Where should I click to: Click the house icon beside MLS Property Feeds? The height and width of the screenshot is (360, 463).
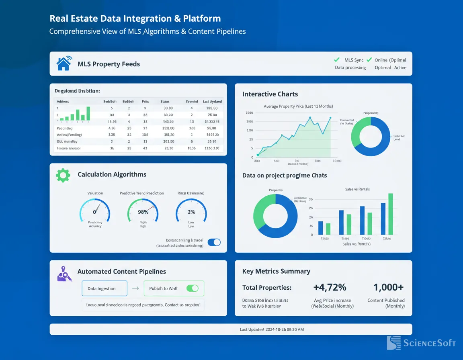pyautogui.click(x=64, y=63)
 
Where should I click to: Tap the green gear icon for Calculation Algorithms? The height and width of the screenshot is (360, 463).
pyautogui.click(x=63, y=175)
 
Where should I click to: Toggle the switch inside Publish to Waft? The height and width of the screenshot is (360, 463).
pyautogui.click(x=193, y=288)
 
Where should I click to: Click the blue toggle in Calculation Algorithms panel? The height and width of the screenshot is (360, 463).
pyautogui.click(x=214, y=242)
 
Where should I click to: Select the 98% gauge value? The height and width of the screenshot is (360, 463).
pyautogui.click(x=143, y=212)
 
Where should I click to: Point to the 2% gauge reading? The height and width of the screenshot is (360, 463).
pyautogui.click(x=191, y=212)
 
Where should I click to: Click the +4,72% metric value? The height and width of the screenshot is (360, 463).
pyautogui.click(x=330, y=287)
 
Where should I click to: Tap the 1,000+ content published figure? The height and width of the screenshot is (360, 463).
pyautogui.click(x=388, y=287)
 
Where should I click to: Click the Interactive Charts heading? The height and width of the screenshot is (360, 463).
pyautogui.click(x=270, y=94)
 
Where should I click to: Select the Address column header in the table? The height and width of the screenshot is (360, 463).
pyautogui.click(x=63, y=102)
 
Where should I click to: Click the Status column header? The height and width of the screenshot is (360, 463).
pyautogui.click(x=165, y=102)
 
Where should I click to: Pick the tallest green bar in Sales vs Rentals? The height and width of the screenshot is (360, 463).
pyautogui.click(x=390, y=214)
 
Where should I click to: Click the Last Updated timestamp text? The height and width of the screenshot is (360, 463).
pyautogui.click(x=272, y=329)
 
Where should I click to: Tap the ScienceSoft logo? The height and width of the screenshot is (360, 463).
pyautogui.click(x=421, y=343)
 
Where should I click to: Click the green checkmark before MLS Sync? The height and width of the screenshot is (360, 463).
pyautogui.click(x=337, y=60)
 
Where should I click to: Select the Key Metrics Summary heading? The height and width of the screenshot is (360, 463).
pyautogui.click(x=276, y=271)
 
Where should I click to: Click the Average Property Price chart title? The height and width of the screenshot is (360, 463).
pyautogui.click(x=298, y=106)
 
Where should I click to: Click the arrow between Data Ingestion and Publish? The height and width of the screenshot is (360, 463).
pyautogui.click(x=135, y=288)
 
